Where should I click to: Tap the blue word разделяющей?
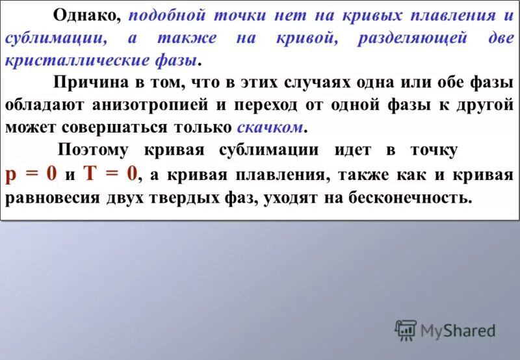click(x=412, y=38)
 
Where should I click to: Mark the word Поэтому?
click(x=96, y=150)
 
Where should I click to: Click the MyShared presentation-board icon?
click(x=406, y=331)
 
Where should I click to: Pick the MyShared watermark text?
click(x=458, y=331)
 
